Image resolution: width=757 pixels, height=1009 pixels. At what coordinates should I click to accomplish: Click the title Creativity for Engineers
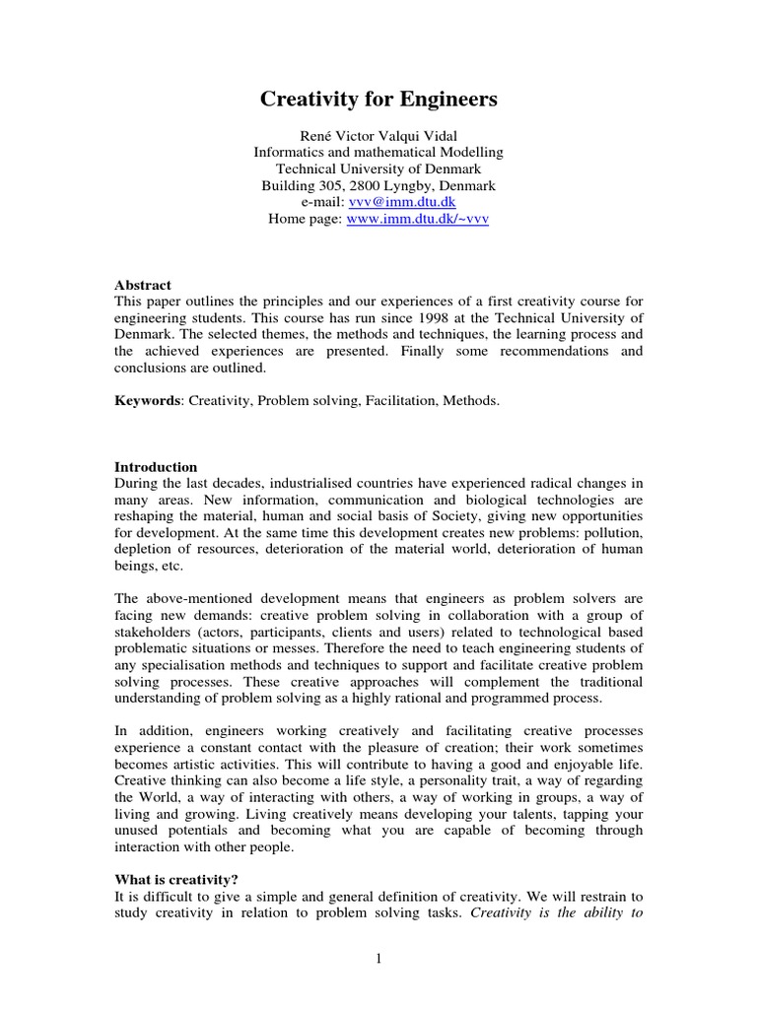378,100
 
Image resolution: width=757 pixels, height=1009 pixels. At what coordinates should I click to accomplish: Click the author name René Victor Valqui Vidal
378,135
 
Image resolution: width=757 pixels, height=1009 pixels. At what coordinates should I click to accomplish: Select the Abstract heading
143,285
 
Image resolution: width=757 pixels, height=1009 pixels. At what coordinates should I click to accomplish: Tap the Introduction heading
156,467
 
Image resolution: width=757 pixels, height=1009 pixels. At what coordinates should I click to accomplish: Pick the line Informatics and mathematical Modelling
378,152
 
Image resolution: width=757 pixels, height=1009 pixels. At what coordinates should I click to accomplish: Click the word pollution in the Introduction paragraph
611,533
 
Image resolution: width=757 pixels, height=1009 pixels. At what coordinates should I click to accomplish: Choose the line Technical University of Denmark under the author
378,168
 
